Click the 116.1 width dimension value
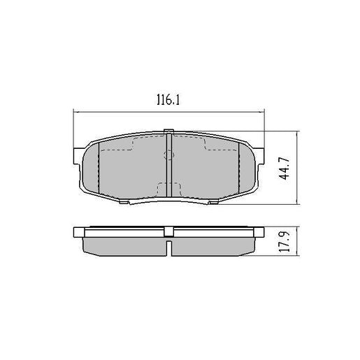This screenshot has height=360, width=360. (168, 101)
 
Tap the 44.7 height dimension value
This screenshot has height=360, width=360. (285, 168)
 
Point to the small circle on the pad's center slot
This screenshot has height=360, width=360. (168, 156)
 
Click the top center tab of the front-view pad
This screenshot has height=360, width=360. (168, 131)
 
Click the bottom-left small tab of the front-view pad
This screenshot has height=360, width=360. (124, 203)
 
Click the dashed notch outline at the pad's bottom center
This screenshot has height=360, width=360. (168, 189)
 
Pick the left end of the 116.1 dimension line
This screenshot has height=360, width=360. (73, 111)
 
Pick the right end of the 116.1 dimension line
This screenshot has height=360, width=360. (265, 111)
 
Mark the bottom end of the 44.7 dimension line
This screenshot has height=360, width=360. (298, 205)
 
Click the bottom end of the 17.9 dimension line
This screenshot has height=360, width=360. (298, 256)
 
